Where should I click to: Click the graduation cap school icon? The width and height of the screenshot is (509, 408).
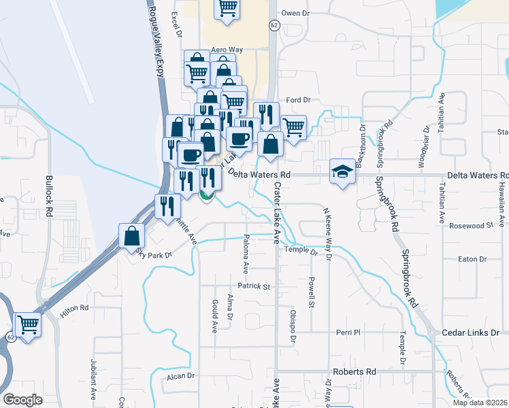343,170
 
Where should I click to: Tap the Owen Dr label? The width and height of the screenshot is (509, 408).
295,13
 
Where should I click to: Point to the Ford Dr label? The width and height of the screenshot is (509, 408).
298,100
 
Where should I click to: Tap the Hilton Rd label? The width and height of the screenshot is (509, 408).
75,308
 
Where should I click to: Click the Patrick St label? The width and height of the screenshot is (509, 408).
254,287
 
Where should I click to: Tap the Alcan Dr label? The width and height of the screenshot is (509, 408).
181,375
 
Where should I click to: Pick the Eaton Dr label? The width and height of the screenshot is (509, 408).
473,259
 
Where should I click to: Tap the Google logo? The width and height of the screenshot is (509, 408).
22,400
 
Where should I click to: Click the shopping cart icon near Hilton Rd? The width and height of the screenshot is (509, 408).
28,325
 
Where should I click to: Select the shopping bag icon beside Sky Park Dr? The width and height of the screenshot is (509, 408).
132,237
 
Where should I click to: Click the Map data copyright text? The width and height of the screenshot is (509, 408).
480,403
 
